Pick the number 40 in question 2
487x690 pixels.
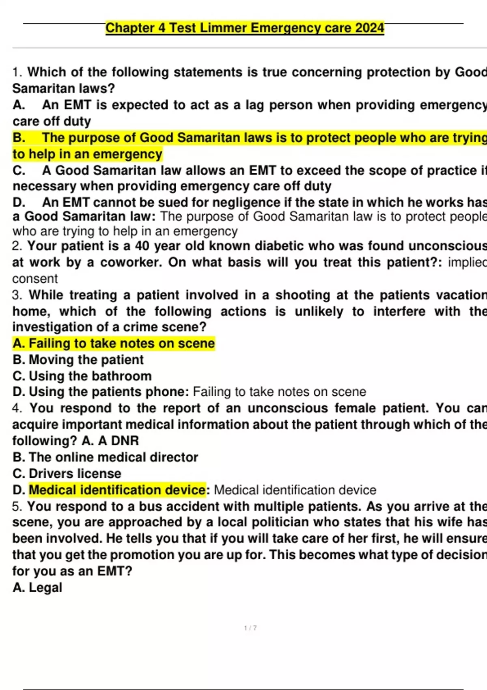pyautogui.click(x=142, y=246)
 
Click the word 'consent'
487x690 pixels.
pyautogui.click(x=35, y=278)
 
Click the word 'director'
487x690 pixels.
pyautogui.click(x=174, y=457)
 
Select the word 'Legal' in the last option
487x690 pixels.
pyautogui.click(x=45, y=587)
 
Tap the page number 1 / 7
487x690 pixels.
pyautogui.click(x=250, y=628)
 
